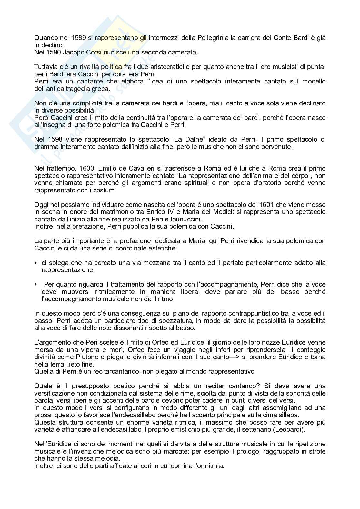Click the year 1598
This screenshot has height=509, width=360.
click(52, 139)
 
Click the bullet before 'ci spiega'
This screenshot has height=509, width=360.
click(36, 263)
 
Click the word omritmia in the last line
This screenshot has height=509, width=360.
click(211, 466)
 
